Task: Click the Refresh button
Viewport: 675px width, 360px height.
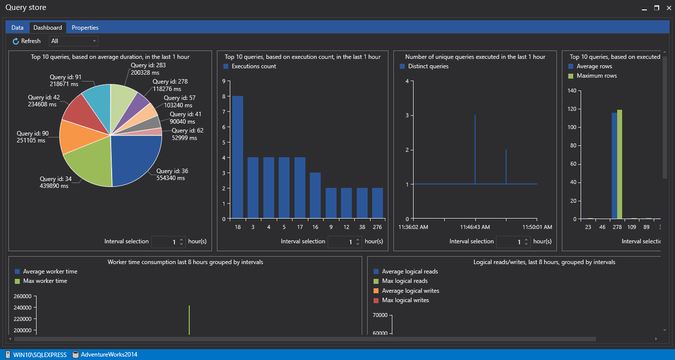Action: pos(27,41)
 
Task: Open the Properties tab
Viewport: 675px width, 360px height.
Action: pos(85,28)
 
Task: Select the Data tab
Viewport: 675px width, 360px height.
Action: pos(17,28)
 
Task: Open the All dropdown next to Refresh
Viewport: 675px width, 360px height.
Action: pos(73,41)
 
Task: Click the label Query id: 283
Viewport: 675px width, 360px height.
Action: pos(148,65)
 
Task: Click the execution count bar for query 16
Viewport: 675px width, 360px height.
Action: pos(315,195)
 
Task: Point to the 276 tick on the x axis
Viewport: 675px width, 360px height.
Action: pos(377,227)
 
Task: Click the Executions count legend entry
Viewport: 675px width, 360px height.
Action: pos(253,66)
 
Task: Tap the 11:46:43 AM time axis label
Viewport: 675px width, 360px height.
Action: pos(475,227)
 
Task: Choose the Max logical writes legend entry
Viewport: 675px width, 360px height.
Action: pos(405,300)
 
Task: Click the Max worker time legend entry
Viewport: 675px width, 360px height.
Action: pos(45,281)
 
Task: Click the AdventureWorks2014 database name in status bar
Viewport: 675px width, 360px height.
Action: pos(109,355)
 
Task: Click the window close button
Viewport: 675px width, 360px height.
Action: pos(668,8)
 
